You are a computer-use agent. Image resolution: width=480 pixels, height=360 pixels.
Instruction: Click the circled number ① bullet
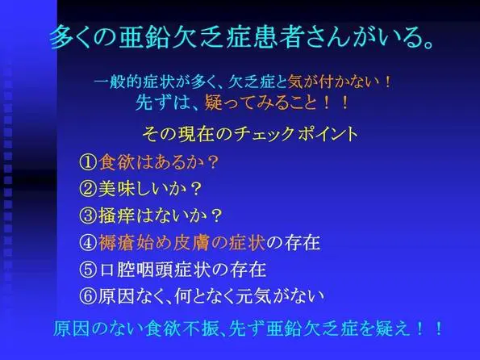pyautogui.click(x=89, y=162)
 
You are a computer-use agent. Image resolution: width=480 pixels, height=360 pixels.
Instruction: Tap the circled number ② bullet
pyautogui.click(x=89, y=189)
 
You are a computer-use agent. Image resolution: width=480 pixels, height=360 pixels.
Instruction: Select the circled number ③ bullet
pyautogui.click(x=89, y=216)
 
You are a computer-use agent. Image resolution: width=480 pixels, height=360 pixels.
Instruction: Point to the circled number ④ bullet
pyautogui.click(x=89, y=243)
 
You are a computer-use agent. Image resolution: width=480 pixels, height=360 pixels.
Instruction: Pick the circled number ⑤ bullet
pyautogui.click(x=89, y=270)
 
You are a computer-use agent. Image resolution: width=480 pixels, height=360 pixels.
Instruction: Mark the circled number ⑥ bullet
pyautogui.click(x=89, y=296)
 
